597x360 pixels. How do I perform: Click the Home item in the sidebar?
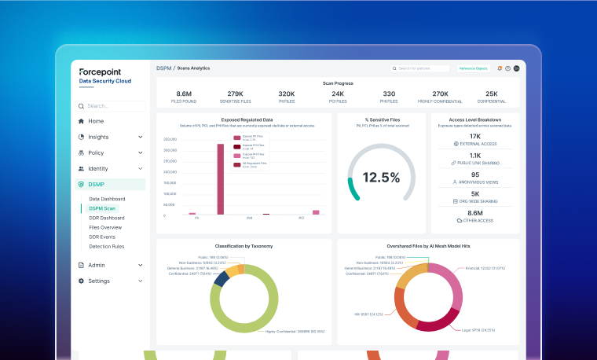click(95, 121)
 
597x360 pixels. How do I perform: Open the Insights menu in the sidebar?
click(99, 137)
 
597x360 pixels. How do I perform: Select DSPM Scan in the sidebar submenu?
click(102, 208)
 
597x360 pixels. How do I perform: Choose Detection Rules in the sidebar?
click(106, 246)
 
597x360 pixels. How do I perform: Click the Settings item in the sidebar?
click(99, 281)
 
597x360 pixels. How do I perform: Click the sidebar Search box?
click(110, 105)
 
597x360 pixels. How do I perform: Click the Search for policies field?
click(421, 68)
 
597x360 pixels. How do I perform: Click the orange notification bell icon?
click(500, 68)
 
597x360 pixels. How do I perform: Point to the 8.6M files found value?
click(184, 94)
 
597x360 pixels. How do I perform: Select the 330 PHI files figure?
click(389, 94)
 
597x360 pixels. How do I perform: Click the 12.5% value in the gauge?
click(381, 178)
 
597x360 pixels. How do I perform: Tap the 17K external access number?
click(474, 136)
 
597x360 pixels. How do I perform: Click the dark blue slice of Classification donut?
click(222, 277)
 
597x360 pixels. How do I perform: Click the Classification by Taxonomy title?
click(244, 246)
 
